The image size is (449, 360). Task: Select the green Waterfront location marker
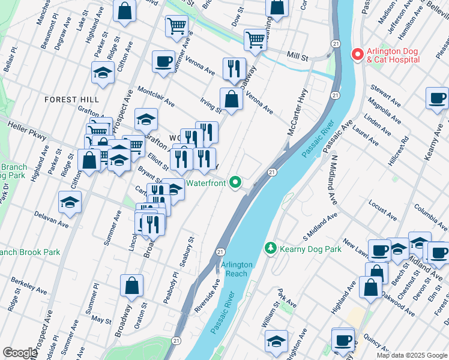pyautogui.click(x=236, y=182)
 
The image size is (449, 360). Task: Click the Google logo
pyautogui.click(x=20, y=353)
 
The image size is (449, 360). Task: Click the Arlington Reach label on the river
pyautogui.click(x=237, y=269)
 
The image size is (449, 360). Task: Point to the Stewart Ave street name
pyautogui.click(x=385, y=95)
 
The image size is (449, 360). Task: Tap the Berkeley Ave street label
pyautogui.click(x=28, y=285)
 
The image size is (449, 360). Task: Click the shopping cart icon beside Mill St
pyautogui.click(x=256, y=40)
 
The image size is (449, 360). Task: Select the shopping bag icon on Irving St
pyautogui.click(x=231, y=100)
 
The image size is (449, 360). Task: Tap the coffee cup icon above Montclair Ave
pyautogui.click(x=163, y=61)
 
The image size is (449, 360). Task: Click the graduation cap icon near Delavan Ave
pyautogui.click(x=70, y=203)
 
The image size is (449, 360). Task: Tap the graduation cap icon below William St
pyautogui.click(x=276, y=341)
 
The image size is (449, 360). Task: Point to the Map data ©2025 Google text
pyautogui.click(x=411, y=355)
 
